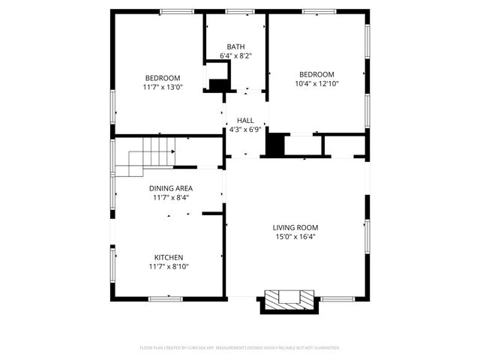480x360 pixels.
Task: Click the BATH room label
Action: (x=236, y=46)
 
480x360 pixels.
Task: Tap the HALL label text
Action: (x=244, y=120)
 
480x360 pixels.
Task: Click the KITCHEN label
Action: (x=169, y=257)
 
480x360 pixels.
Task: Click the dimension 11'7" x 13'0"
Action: (x=162, y=87)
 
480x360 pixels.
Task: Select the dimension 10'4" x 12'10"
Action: (x=316, y=83)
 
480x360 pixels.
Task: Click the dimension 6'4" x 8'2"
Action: (x=236, y=55)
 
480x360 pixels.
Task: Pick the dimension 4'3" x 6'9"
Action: (x=244, y=129)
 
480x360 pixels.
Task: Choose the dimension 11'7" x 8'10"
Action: (x=169, y=266)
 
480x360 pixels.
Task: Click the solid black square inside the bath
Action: (x=218, y=85)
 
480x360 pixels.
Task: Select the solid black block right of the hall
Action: (x=276, y=144)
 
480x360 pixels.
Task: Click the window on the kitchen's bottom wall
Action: (x=165, y=298)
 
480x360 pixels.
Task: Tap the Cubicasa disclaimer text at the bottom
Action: (x=240, y=348)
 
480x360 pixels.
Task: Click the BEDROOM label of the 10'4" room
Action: (x=316, y=74)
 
